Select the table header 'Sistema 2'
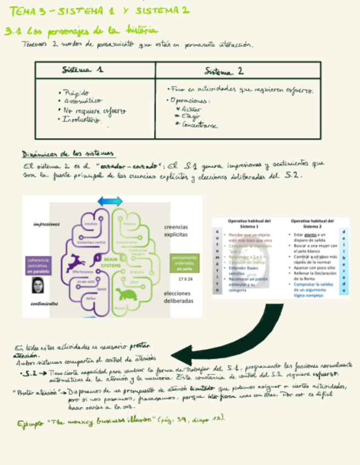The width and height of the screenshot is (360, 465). click(x=224, y=71)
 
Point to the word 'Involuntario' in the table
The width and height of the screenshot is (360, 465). click(x=81, y=120)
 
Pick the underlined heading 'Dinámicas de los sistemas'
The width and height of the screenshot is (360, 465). click(x=64, y=154)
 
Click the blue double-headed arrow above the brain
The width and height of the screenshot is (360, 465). click(x=110, y=201)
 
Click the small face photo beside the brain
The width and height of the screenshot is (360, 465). click(x=38, y=286)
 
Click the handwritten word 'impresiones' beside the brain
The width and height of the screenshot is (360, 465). click(x=46, y=224)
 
